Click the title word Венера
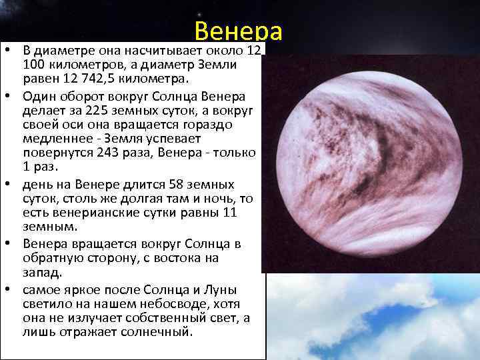[239, 31]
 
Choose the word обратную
[53, 258]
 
